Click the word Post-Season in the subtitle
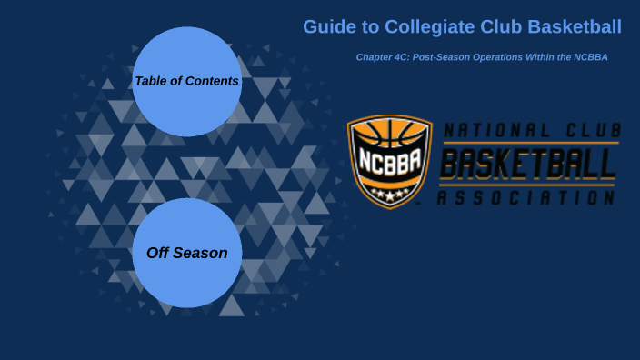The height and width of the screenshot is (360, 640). [438, 57]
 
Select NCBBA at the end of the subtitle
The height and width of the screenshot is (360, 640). [590, 57]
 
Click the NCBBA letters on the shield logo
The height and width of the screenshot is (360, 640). [389, 169]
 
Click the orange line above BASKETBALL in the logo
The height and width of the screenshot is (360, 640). [527, 143]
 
